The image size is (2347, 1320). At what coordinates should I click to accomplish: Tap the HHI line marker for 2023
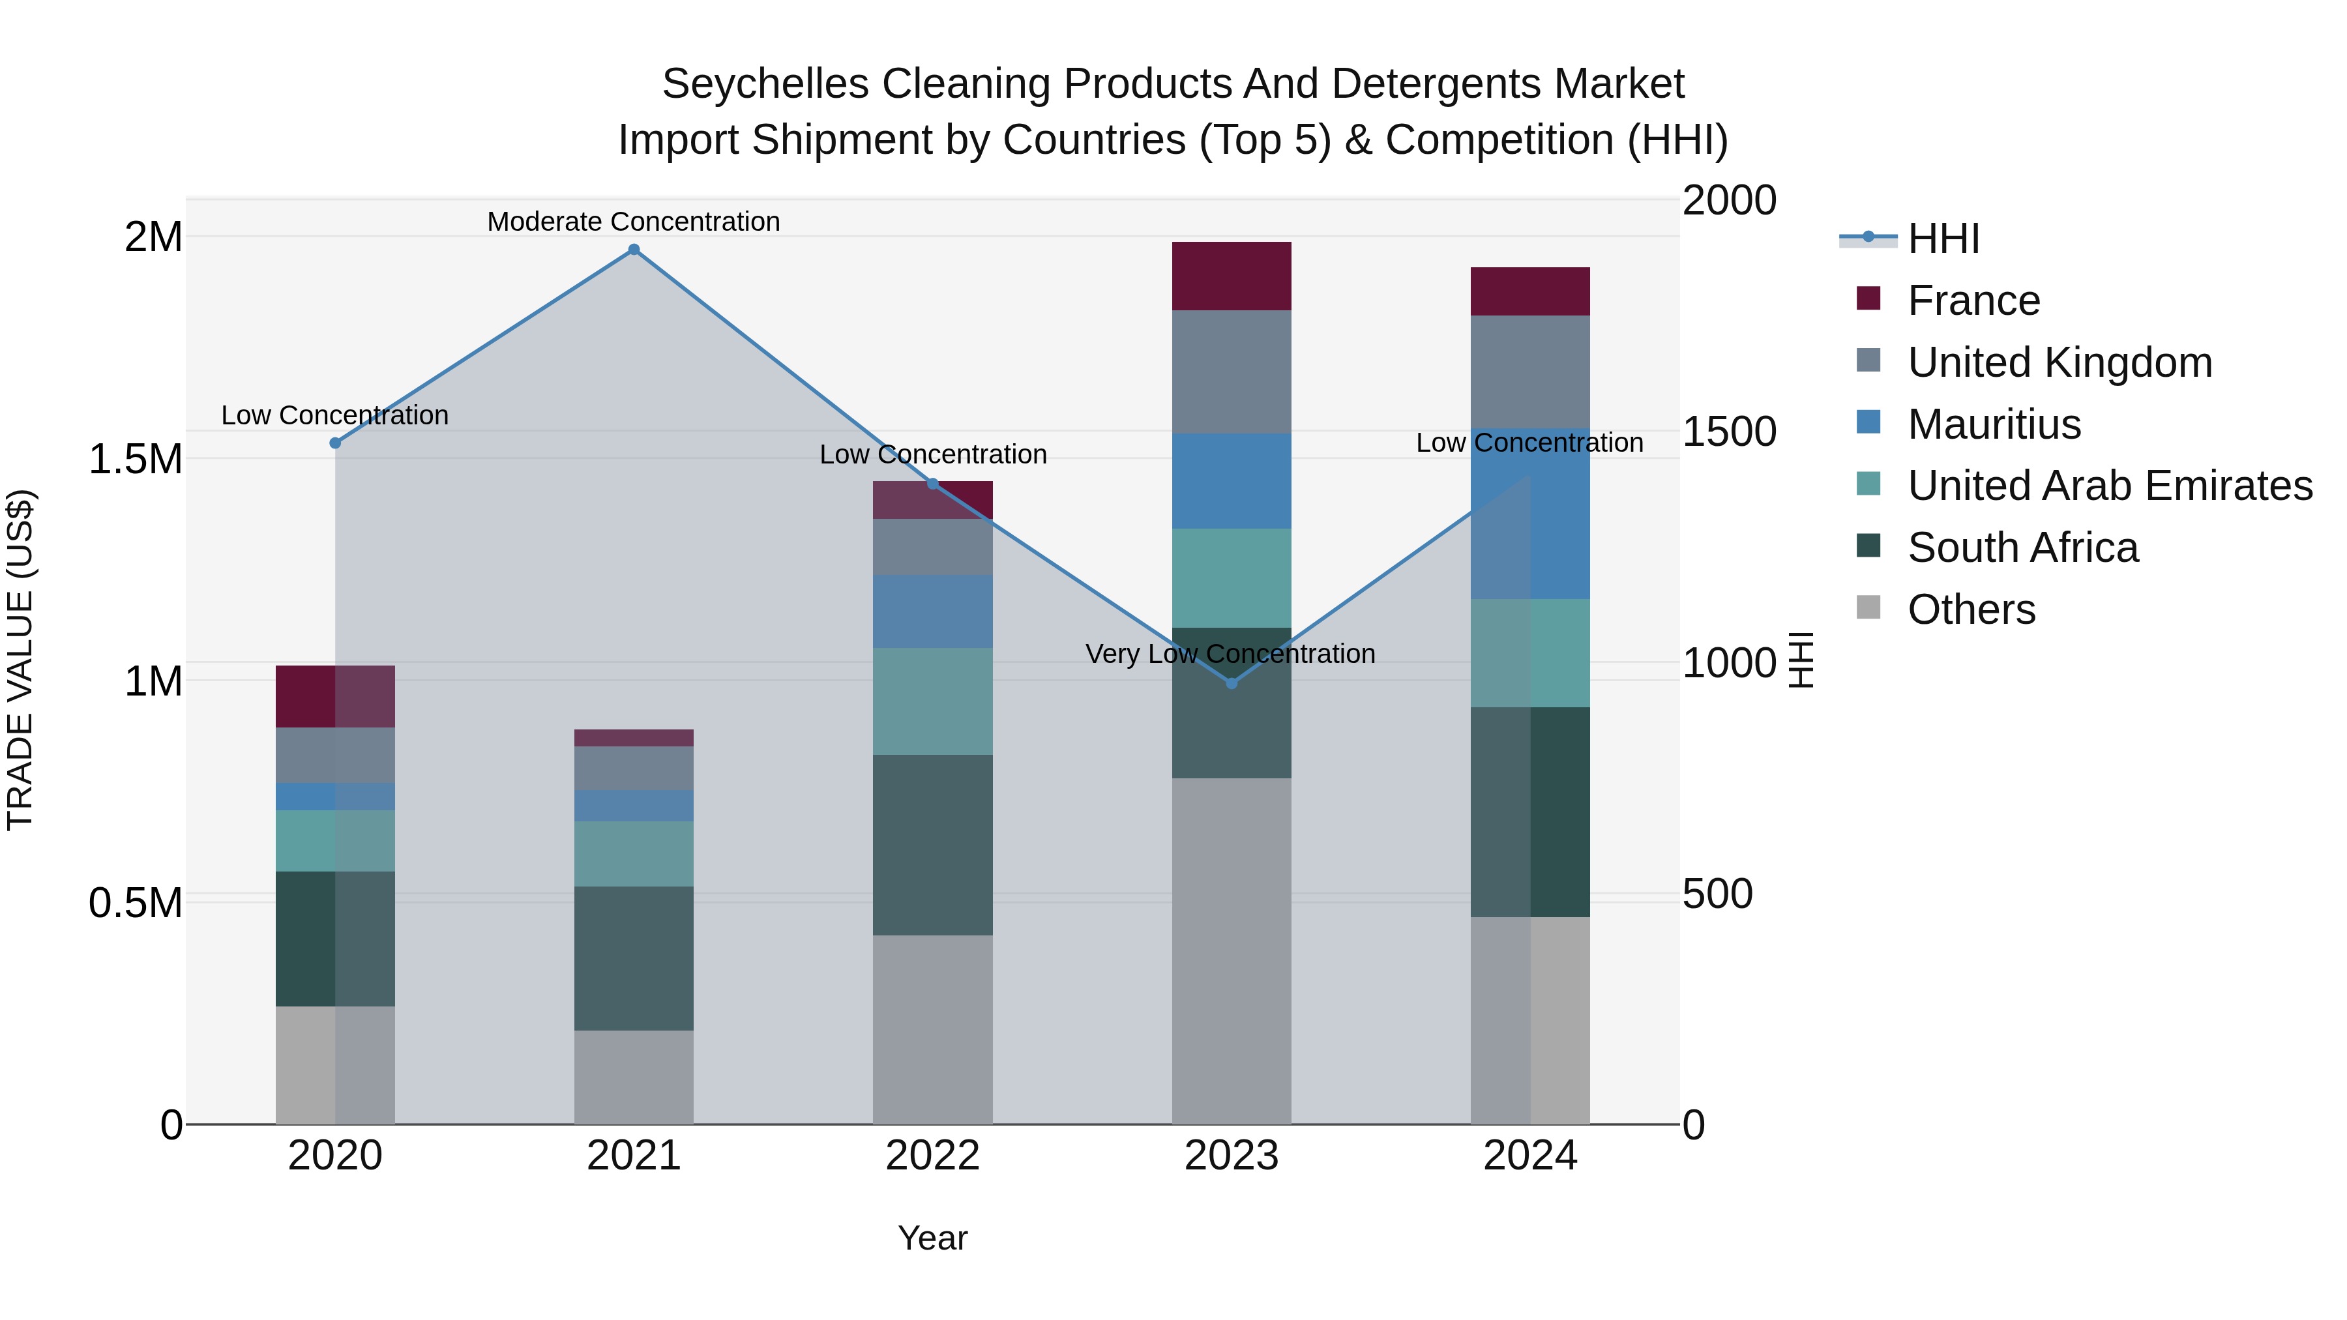click(1231, 683)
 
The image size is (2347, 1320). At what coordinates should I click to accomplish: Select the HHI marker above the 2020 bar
click(335, 443)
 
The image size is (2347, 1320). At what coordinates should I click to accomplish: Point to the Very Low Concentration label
click(1230, 654)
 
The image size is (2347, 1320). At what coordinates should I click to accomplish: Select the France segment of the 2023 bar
click(1231, 276)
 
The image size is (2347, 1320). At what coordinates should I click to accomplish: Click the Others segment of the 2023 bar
click(1231, 950)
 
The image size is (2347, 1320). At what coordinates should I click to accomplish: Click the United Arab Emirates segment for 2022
click(932, 701)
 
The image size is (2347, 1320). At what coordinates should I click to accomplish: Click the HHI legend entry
click(1943, 239)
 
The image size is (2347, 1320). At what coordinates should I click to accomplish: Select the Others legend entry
click(1971, 609)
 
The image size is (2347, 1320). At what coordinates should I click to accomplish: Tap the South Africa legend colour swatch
click(1868, 547)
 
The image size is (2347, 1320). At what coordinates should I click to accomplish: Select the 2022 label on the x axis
click(932, 1156)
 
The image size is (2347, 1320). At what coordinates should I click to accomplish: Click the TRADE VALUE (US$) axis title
click(20, 660)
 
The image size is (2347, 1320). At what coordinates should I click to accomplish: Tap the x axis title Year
click(932, 1238)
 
